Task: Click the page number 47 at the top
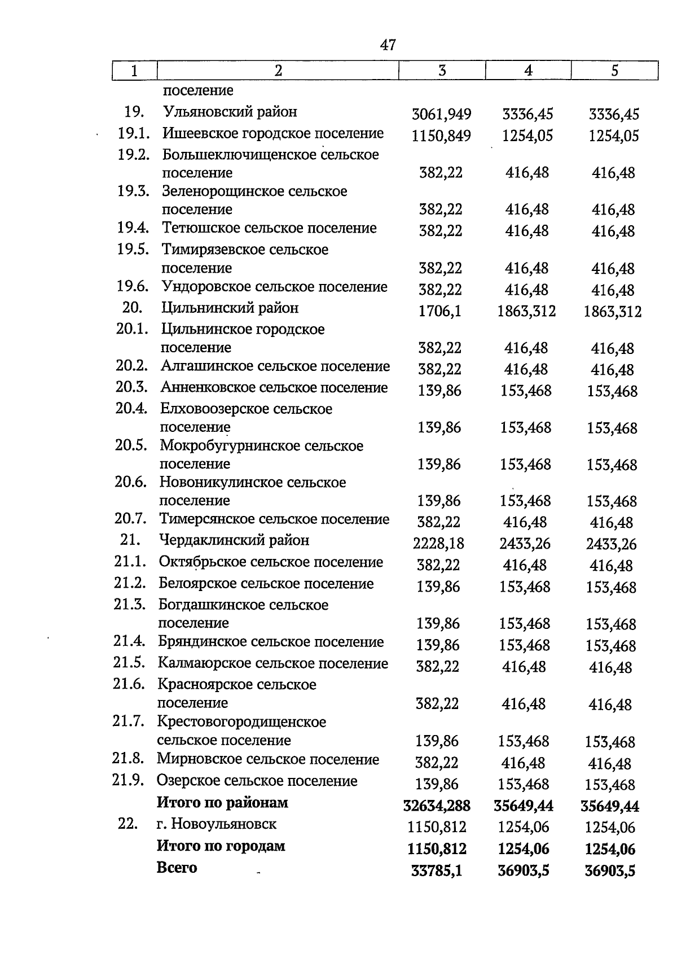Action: point(388,45)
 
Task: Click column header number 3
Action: point(442,71)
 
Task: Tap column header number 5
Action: point(614,71)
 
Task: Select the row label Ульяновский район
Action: point(230,112)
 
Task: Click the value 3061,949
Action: point(441,115)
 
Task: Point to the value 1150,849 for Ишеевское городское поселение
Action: point(441,136)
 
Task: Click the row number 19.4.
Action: point(133,228)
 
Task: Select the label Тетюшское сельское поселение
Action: point(269,228)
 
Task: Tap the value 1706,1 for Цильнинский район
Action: point(439,311)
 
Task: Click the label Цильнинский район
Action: point(230,308)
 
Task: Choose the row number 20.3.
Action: point(131,388)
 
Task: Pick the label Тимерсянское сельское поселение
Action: point(274,519)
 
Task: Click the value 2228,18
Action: point(438,544)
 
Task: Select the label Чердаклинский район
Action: point(234,541)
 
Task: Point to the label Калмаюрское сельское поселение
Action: point(272,663)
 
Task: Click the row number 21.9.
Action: point(129,781)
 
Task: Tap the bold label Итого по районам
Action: point(222,803)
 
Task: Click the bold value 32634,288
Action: point(437,806)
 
